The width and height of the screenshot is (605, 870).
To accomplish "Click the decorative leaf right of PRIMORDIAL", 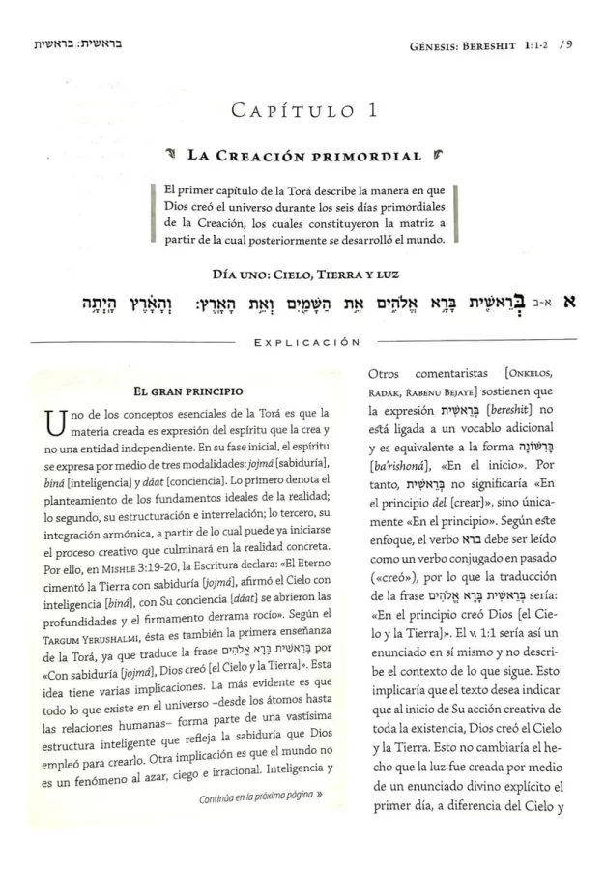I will click(430, 156).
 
